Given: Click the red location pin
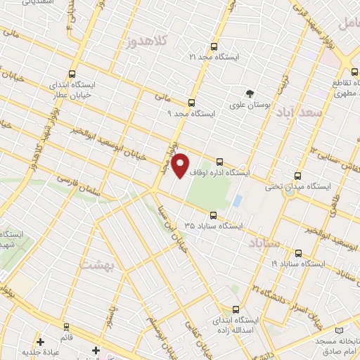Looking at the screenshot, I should point(181,165).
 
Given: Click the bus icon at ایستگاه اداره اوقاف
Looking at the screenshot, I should point(220,161).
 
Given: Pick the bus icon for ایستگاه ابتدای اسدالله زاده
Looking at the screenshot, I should point(235,308).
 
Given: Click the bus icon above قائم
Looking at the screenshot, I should point(67,327).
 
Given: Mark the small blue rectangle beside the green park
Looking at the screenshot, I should point(236,201).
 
